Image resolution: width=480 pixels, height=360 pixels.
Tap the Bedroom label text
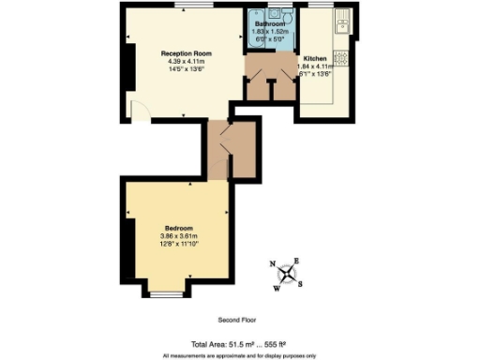[x=179, y=229]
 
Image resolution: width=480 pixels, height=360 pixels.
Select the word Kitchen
[x=314, y=58]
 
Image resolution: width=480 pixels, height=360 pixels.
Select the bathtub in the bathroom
[x=255, y=28]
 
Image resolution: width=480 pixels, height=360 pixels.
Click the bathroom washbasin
[x=275, y=13]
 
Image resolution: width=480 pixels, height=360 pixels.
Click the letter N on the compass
[x=273, y=265]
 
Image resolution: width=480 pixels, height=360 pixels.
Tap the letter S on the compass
[x=299, y=285]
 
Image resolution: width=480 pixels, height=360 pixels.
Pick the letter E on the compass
[x=297, y=261]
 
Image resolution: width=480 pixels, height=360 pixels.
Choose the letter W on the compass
[x=277, y=289]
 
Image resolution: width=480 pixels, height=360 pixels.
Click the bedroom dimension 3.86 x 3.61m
[x=179, y=236]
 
